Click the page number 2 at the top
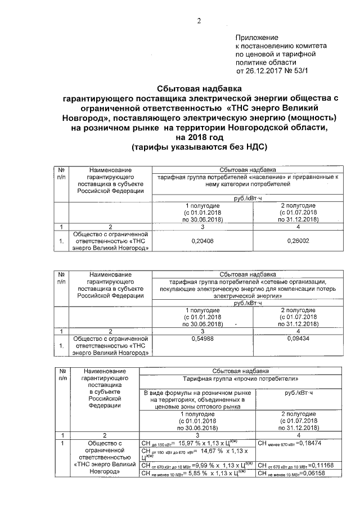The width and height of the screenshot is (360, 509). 198,22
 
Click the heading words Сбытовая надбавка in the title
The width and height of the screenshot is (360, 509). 199,89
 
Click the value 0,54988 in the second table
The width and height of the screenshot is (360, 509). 201,340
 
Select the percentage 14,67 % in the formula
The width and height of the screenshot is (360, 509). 197,452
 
